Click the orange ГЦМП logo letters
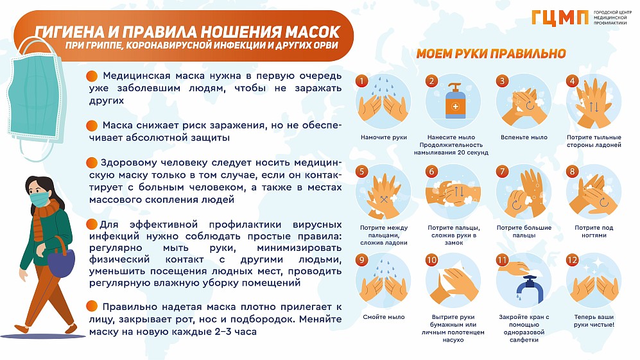click(x=560, y=19)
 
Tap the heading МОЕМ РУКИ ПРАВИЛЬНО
click(x=491, y=53)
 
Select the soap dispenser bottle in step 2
click(x=455, y=101)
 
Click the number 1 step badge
click(x=361, y=81)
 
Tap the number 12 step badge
click(x=572, y=260)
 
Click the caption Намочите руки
click(x=384, y=137)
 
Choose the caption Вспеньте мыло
click(x=524, y=137)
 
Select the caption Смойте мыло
click(x=384, y=317)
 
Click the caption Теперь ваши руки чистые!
click(x=594, y=320)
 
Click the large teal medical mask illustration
click(x=37, y=98)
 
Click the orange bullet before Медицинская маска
click(x=92, y=76)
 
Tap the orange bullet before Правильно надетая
click(x=92, y=306)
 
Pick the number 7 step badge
click(x=502, y=171)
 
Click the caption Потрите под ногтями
click(x=594, y=232)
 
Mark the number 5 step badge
click(x=361, y=171)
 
